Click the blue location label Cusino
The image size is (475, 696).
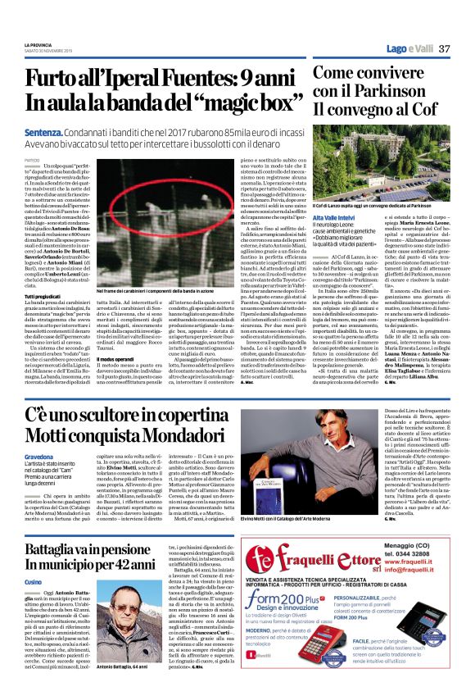(x=33, y=580)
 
